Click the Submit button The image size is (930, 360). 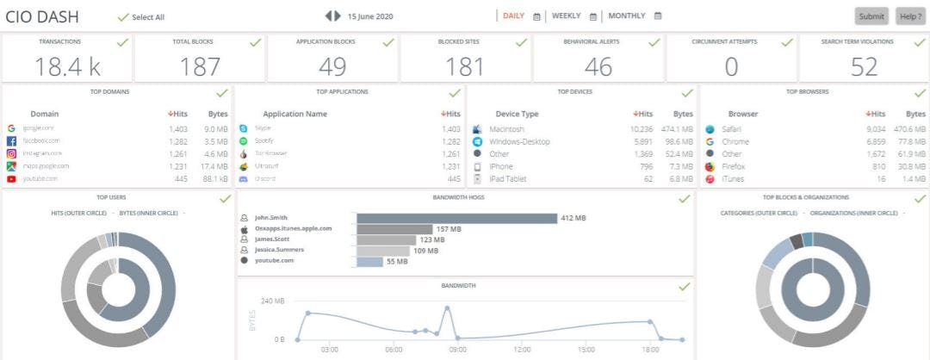tap(871, 16)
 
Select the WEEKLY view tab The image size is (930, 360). tap(566, 16)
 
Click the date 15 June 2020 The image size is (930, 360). tap(370, 16)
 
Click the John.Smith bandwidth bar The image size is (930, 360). tap(456, 218)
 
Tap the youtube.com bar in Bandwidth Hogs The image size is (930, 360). tap(369, 261)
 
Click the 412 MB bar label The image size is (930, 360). tap(573, 219)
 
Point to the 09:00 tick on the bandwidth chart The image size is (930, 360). tap(458, 350)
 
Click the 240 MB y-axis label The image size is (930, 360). tap(272, 301)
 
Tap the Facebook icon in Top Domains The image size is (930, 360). tap(11, 141)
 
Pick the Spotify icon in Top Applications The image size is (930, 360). tap(244, 141)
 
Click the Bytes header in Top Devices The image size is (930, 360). tap(683, 114)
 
